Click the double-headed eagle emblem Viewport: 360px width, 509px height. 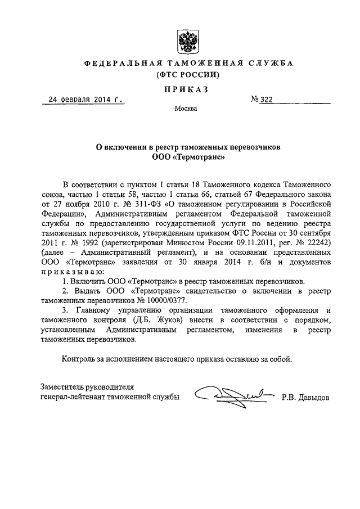(186, 42)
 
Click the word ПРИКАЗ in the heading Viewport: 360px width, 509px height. (186, 88)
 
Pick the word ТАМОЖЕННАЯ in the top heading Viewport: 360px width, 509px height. (193, 63)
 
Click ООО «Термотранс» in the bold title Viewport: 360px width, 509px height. (186, 157)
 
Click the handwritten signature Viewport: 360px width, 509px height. (232, 395)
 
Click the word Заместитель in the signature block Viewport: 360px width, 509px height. (63, 386)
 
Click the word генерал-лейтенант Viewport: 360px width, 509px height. (74, 397)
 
